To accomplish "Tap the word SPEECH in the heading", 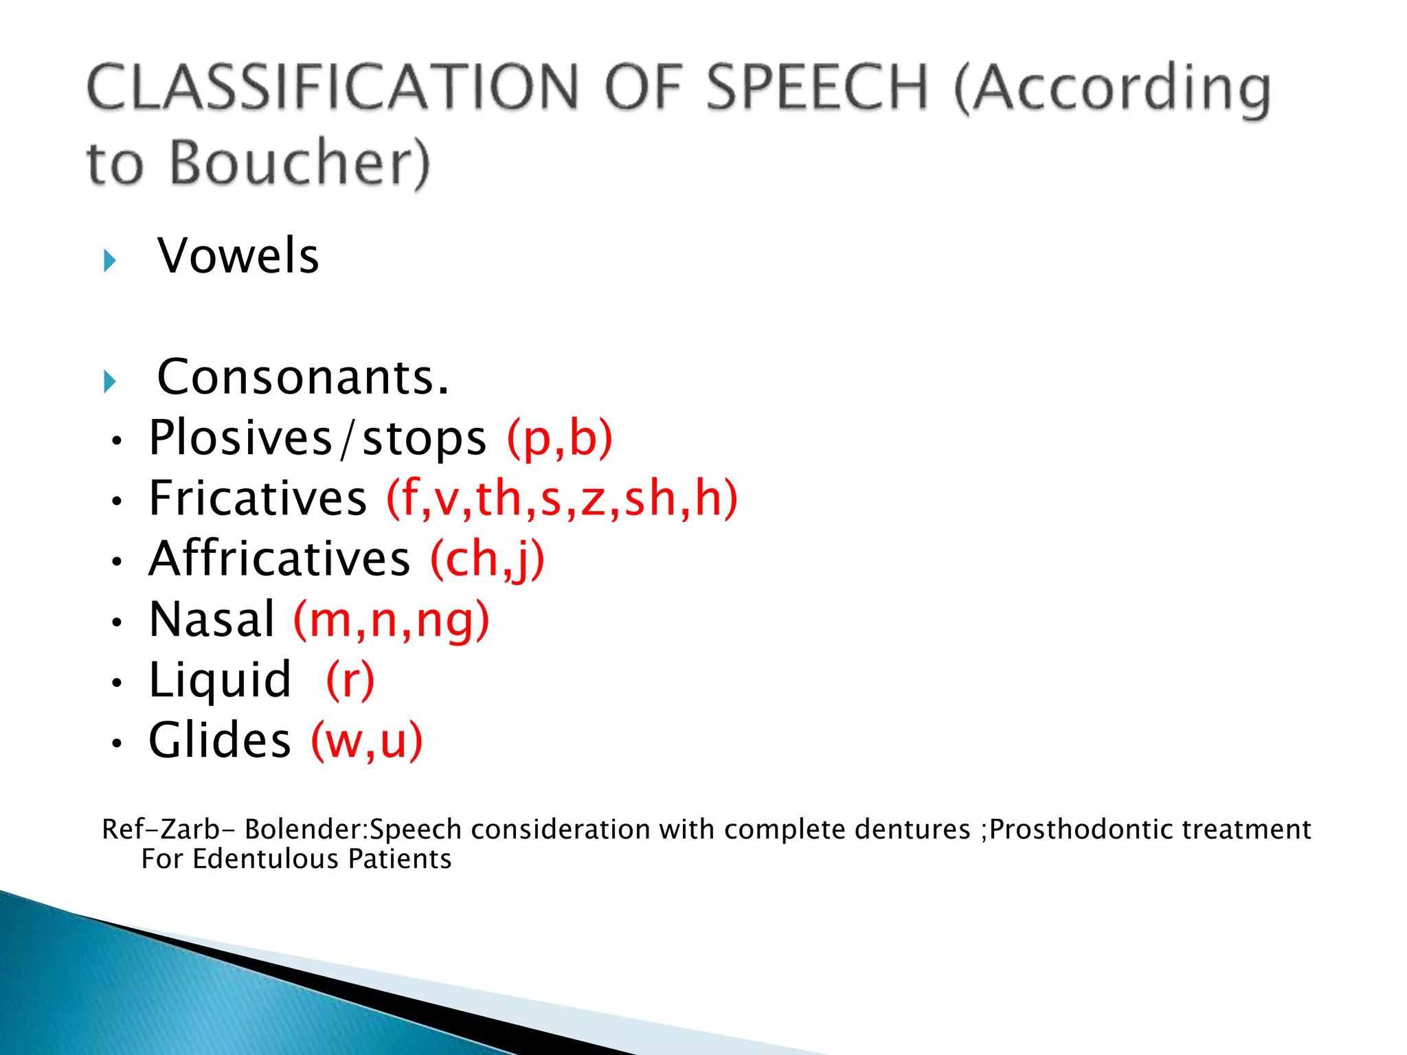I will click(818, 87).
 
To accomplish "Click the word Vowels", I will click(238, 256).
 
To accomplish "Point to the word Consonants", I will click(303, 377).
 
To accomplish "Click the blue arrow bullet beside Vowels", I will click(110, 260).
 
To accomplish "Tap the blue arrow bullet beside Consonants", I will click(110, 382).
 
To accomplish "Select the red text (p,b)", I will click(559, 438).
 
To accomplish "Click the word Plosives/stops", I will click(317, 438).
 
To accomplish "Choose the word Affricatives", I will click(280, 558).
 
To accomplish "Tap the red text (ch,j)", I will click(487, 558).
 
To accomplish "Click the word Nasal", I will click(212, 619).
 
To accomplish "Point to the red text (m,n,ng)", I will click(392, 619).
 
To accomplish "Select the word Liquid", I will click(220, 680).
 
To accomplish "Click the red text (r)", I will click(350, 680).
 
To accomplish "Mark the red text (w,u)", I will click(367, 740).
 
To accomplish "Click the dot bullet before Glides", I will click(117, 743).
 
